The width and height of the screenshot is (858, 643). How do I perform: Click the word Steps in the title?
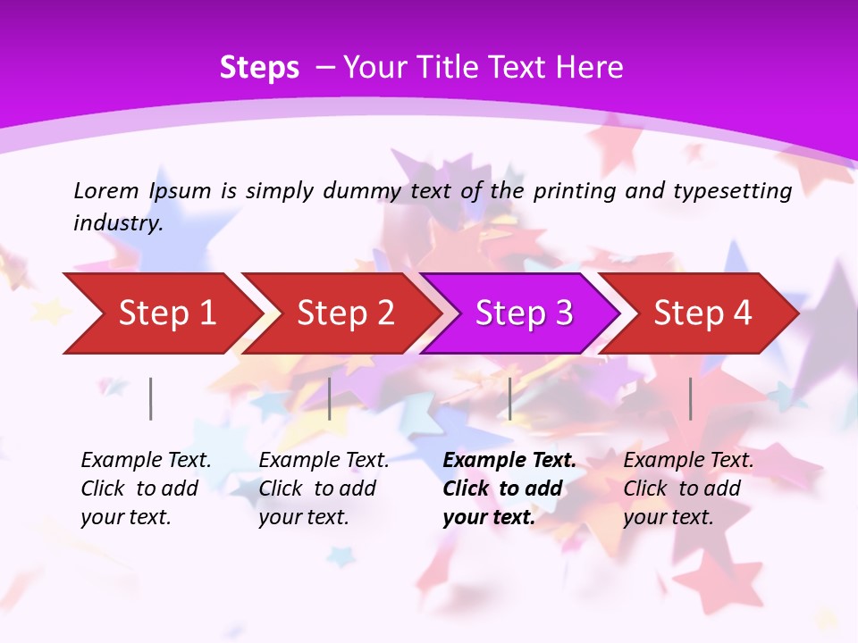(x=259, y=68)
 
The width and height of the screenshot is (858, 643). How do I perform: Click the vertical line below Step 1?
(x=151, y=398)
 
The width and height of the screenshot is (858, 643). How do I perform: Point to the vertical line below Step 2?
(x=330, y=398)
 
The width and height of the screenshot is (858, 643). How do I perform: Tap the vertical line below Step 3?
(x=509, y=398)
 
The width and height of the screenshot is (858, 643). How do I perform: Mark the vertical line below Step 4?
(x=690, y=398)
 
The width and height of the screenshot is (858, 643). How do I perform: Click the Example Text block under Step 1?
(x=146, y=489)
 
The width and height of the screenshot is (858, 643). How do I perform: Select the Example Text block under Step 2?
(x=324, y=489)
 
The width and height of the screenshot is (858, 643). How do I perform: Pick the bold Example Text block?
(x=509, y=489)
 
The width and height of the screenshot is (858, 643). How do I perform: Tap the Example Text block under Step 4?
(x=688, y=489)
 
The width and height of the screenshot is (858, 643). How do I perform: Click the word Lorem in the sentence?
(x=105, y=191)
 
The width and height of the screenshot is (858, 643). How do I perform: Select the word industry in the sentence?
(x=118, y=223)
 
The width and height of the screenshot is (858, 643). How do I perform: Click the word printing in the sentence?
(x=567, y=191)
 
